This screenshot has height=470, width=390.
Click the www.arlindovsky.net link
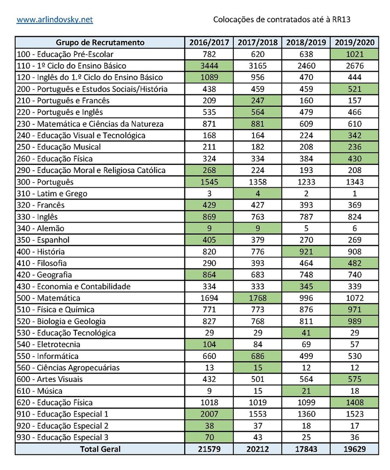(55, 20)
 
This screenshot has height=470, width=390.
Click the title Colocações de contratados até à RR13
(285, 20)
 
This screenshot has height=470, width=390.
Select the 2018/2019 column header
(306, 43)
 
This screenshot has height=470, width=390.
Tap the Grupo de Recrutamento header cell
(100, 43)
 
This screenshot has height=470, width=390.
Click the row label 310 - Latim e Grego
(52, 194)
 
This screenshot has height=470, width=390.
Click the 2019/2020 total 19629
(354, 449)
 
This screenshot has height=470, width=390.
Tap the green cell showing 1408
(354, 403)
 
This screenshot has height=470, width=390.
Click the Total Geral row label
(100, 449)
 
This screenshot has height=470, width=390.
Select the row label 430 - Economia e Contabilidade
(73, 286)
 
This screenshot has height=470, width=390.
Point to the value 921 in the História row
(306, 252)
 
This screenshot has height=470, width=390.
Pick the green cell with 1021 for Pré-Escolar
(354, 54)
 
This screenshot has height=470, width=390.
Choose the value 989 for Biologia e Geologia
(354, 321)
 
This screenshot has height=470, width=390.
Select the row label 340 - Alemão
(40, 228)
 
